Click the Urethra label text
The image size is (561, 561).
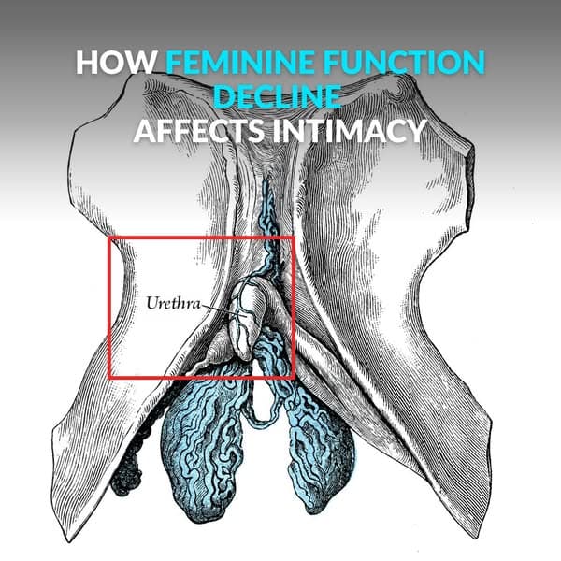[x=172, y=303]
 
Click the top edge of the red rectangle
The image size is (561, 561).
[x=202, y=237]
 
